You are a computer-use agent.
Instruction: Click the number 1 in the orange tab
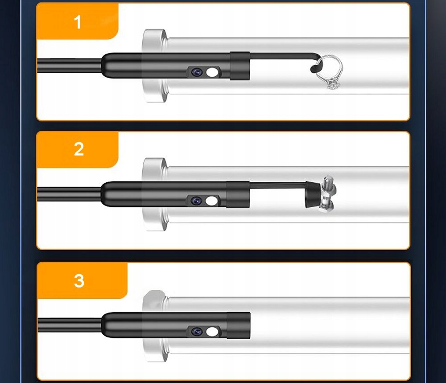tap(78, 22)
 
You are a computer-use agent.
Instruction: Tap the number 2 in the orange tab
tap(79, 149)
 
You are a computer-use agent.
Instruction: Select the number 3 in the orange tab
tap(79, 280)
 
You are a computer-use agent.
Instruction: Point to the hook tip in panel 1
tap(312, 69)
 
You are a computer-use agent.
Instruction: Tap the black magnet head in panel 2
tap(313, 195)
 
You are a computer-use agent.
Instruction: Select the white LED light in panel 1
tap(212, 72)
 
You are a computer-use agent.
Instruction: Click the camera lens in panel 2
tap(196, 201)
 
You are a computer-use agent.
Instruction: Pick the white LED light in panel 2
tap(211, 201)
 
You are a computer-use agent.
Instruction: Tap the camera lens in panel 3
tap(197, 332)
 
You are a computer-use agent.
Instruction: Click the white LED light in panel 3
tap(212, 332)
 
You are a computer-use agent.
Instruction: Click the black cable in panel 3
tap(70, 325)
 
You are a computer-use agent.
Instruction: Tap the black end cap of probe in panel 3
tap(238, 325)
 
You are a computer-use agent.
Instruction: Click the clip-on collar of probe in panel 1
tap(240, 66)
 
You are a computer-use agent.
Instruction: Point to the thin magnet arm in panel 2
tap(278, 185)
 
